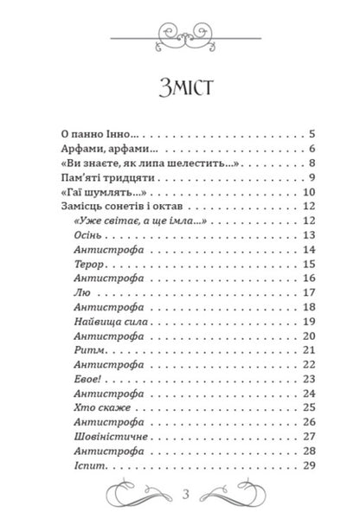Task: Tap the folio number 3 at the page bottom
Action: (180, 495)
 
